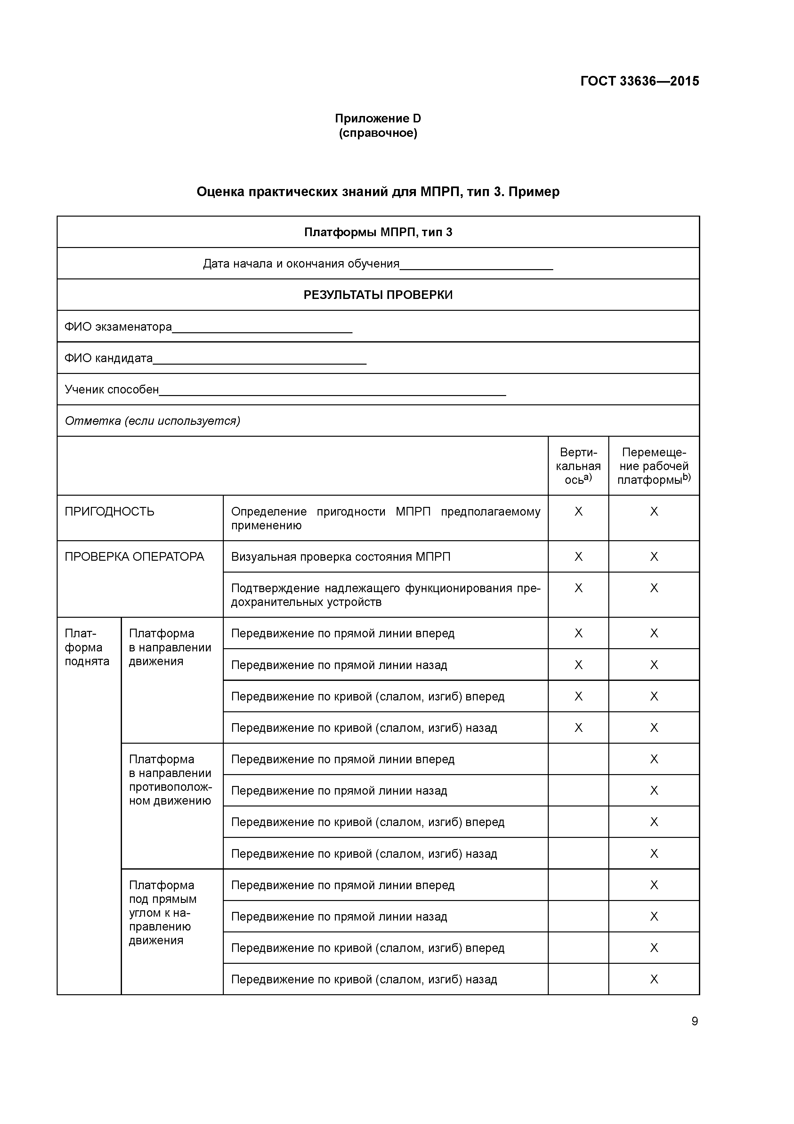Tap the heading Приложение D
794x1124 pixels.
click(x=378, y=119)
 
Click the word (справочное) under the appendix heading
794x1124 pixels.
click(x=378, y=133)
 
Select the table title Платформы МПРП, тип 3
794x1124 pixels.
click(x=378, y=232)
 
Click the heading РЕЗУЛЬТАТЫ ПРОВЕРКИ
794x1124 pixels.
click(x=378, y=295)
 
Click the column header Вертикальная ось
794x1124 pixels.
click(x=578, y=466)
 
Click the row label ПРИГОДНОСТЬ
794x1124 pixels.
click(x=109, y=512)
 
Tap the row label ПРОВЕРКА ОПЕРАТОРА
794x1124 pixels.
click(x=134, y=557)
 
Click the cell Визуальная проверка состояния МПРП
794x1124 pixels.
click(x=341, y=557)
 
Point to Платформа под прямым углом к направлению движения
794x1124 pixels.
click(x=163, y=913)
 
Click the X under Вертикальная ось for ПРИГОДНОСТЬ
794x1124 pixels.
click(x=578, y=512)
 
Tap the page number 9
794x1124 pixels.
click(x=694, y=1021)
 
